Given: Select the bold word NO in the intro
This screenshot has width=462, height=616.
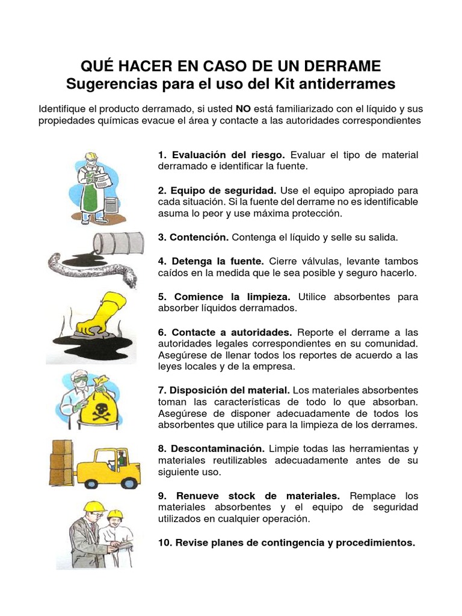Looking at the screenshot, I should (x=242, y=109).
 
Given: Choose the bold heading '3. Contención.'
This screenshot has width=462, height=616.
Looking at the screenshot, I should (x=193, y=237).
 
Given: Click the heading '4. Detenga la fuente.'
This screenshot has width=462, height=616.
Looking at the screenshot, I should (x=211, y=261).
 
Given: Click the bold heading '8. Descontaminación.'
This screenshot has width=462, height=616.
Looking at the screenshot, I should (x=211, y=449).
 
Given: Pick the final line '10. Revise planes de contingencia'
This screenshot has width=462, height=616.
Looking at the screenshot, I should (x=286, y=543).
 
